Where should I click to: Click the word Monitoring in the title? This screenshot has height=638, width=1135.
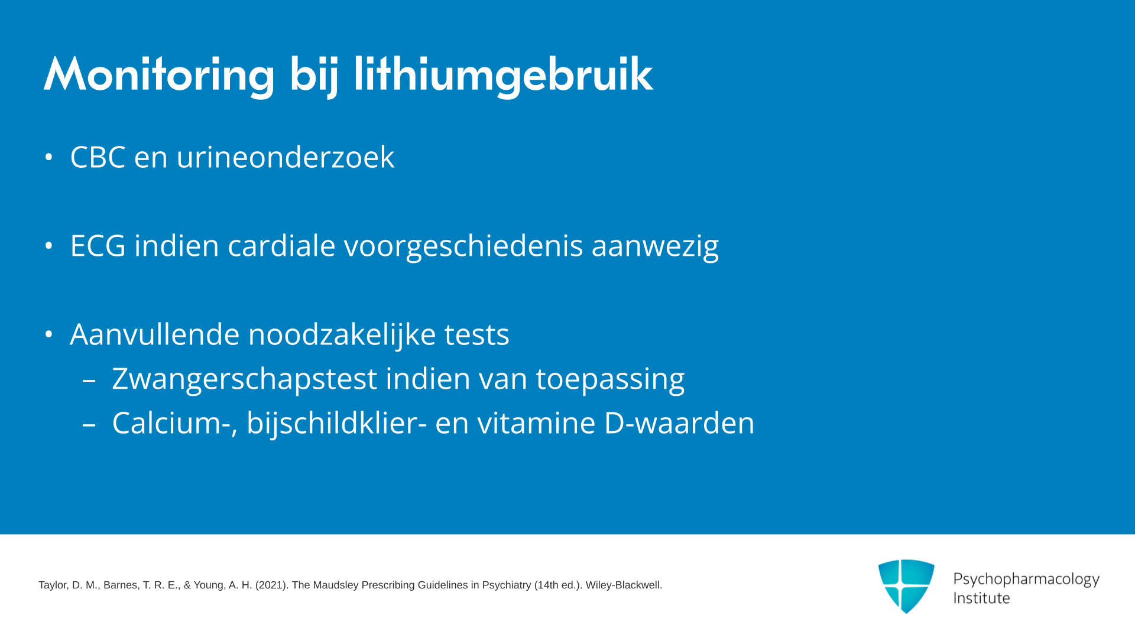coord(159,76)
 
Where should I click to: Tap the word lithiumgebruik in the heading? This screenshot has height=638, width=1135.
coord(503,76)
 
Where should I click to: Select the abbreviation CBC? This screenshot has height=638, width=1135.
coord(98,157)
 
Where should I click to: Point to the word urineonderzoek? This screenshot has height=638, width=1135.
coord(285,157)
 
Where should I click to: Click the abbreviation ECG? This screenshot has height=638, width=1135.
coord(98,246)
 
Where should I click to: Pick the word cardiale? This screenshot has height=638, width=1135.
coord(281,246)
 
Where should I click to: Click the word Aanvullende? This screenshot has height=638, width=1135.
coord(155,334)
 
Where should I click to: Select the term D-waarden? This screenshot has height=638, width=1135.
coord(679,424)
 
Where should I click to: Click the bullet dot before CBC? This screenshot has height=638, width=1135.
coord(49,157)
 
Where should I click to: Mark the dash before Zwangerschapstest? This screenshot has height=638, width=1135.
coord(89,380)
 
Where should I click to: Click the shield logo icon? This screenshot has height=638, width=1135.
coord(906,586)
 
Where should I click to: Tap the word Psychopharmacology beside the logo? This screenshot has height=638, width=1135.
coord(1026,580)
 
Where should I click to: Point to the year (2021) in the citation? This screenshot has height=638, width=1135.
coord(272,585)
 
